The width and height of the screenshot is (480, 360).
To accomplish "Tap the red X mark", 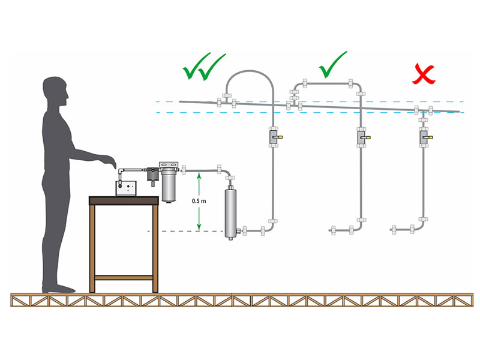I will [x=422, y=74].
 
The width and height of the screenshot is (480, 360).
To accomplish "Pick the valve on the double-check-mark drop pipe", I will [x=273, y=138].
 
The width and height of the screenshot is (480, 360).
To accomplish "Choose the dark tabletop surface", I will [x=124, y=199].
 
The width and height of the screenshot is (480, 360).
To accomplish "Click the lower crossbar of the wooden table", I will [x=124, y=277].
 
